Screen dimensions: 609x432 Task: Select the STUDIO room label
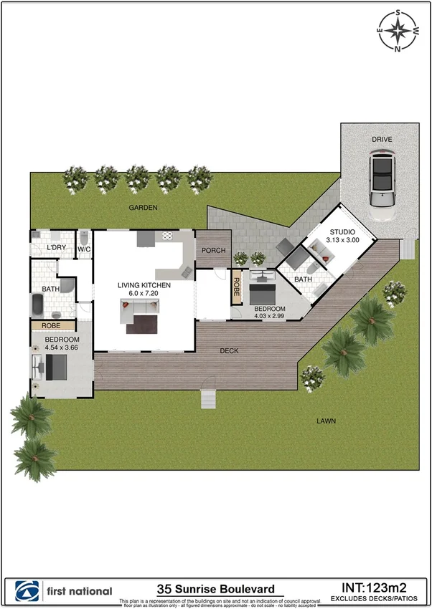(342, 232)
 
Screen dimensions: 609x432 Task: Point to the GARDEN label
(143, 207)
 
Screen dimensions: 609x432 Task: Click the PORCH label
(213, 251)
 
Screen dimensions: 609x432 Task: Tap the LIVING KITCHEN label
(144, 285)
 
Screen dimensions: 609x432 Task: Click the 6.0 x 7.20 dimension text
(144, 294)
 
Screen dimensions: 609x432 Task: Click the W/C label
(84, 249)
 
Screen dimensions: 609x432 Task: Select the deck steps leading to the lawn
(208, 398)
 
